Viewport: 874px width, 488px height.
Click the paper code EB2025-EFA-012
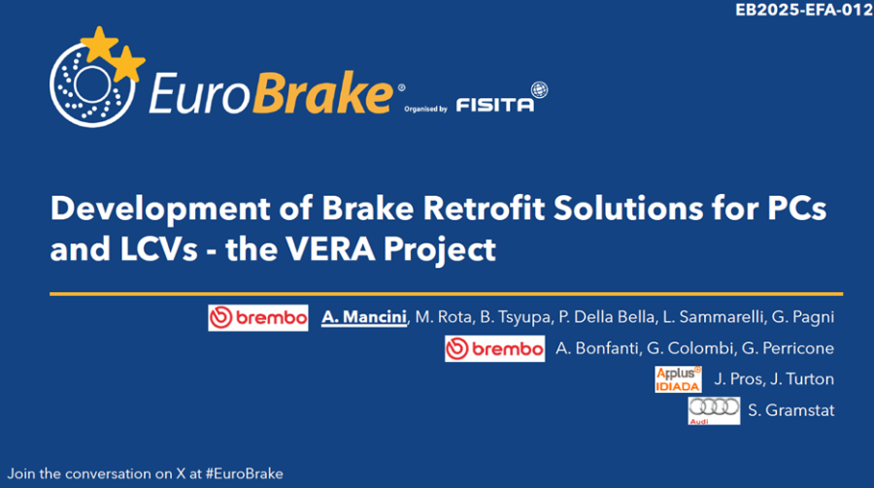[x=804, y=11]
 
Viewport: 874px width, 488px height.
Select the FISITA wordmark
[x=495, y=105]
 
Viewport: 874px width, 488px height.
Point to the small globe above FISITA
[x=539, y=89]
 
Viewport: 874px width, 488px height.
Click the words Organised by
[x=426, y=110]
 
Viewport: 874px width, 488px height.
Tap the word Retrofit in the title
[x=484, y=208]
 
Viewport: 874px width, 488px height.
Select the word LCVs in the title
[x=159, y=249]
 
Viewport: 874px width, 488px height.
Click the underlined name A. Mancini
[x=364, y=317]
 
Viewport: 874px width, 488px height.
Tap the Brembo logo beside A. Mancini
[x=258, y=317]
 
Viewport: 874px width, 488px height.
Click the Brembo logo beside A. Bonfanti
[x=495, y=348]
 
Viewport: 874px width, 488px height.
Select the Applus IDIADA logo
[x=679, y=378]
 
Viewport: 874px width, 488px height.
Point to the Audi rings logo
[x=714, y=410]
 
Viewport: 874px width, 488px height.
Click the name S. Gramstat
[x=790, y=410]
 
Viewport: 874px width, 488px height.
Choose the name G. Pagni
[x=803, y=317]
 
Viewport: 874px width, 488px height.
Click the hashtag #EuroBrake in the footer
[x=244, y=474]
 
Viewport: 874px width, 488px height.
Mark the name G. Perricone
[x=788, y=348]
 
